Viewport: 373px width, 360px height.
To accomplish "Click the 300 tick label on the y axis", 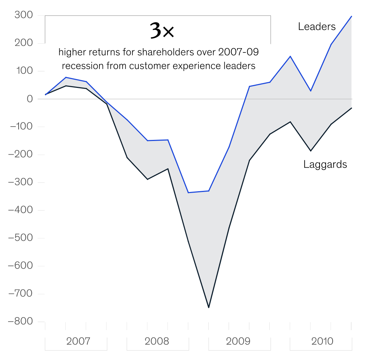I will pyautogui.click(x=23, y=15).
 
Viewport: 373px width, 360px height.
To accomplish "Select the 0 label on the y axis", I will pyautogui.click(x=30, y=99).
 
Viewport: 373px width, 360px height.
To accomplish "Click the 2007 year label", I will pyautogui.click(x=78, y=341).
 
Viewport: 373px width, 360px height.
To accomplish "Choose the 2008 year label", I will pyautogui.click(x=157, y=341).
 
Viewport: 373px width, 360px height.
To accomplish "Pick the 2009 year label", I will pyautogui.click(x=238, y=341).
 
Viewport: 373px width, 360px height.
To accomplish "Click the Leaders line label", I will pyautogui.click(x=317, y=26).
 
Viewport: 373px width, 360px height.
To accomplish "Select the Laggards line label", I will pyautogui.click(x=325, y=164).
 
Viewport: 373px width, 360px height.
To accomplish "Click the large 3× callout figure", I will pyautogui.click(x=162, y=31).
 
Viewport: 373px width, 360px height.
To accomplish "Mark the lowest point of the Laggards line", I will pyautogui.click(x=209, y=308).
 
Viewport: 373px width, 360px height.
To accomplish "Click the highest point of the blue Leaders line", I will pyautogui.click(x=352, y=16).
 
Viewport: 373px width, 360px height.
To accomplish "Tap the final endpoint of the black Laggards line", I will pyautogui.click(x=352, y=108).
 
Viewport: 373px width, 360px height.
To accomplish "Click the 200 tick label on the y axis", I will pyautogui.click(x=23, y=43).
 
